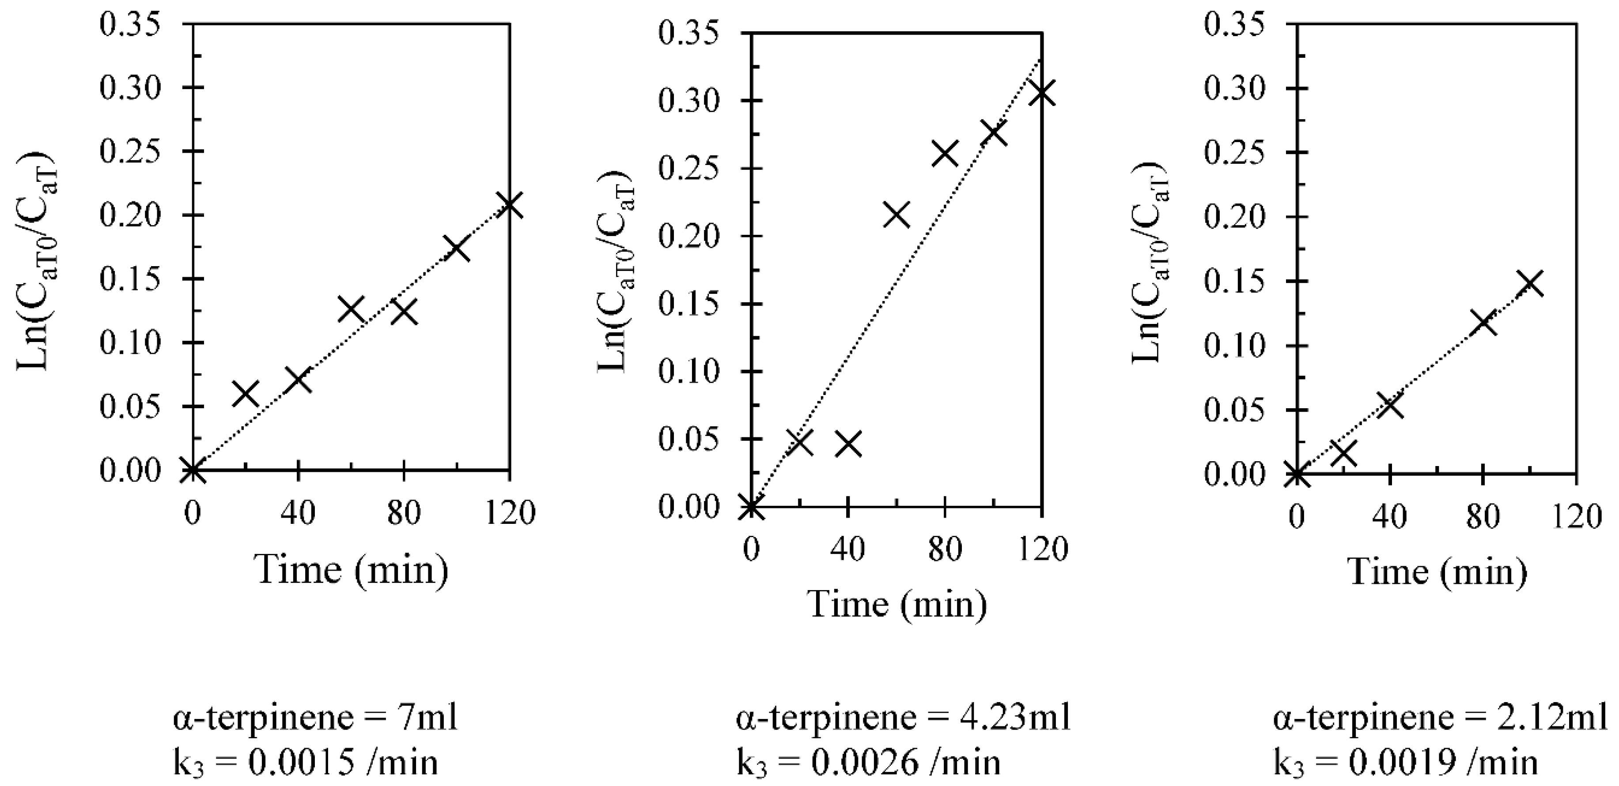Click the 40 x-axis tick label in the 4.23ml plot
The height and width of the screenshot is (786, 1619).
(848, 549)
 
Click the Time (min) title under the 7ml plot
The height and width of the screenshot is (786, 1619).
(352, 570)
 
